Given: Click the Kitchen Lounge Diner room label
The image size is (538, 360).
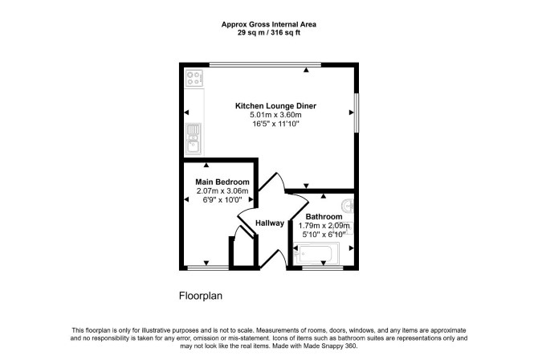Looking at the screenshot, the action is point(275,106).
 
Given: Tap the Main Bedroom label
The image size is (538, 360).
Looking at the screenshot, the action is point(222,182).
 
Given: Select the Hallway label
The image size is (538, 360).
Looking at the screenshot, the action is point(270,223).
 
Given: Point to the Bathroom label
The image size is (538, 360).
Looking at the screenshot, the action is point(324,217).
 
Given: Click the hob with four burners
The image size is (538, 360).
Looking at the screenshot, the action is point(194,78).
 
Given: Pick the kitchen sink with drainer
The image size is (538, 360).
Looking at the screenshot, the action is point(194,139).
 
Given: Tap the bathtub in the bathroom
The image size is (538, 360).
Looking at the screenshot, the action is point(316,253).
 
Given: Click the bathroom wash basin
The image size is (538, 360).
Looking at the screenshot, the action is point(348,206).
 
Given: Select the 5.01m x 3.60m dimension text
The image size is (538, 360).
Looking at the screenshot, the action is point(275,115).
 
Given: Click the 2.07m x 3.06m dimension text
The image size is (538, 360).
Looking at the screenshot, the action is point(222,190).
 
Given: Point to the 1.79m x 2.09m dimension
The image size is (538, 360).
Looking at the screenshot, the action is point(324,226).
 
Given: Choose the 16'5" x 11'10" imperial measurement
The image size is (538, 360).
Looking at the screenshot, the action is point(276,124).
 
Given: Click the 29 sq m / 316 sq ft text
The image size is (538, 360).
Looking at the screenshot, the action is point(269,33).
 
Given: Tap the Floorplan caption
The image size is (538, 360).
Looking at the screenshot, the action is point(201,296).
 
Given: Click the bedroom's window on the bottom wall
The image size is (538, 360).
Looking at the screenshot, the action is point(208,268).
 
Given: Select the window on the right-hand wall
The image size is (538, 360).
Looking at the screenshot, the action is point(357,112).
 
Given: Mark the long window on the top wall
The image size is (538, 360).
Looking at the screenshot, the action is point(265,64).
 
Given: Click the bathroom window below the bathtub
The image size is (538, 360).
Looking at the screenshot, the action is point(323,268).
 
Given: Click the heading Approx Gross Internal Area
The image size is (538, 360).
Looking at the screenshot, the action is point(269,24).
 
